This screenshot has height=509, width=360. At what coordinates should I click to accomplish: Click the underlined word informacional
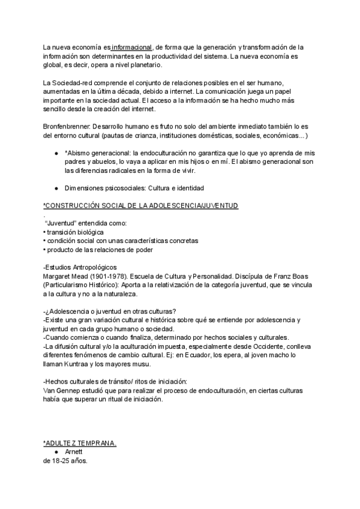tap(132, 47)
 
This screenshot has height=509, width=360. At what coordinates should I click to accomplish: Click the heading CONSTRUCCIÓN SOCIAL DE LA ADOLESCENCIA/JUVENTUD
tap(141, 206)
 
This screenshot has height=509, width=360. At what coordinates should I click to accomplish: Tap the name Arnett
tap(77, 452)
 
